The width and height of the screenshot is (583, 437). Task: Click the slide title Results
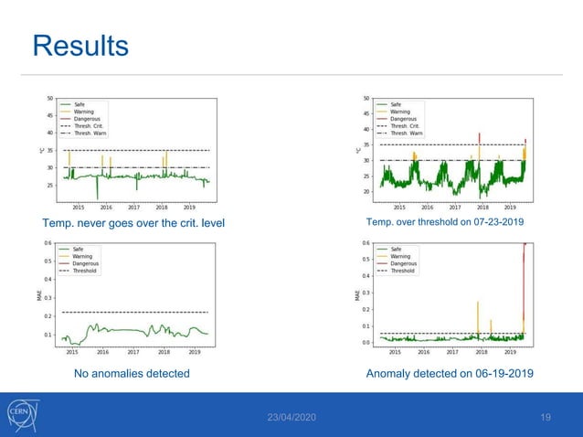(x=80, y=45)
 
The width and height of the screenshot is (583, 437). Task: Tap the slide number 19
(x=546, y=417)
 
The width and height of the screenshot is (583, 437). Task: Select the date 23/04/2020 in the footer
(x=291, y=417)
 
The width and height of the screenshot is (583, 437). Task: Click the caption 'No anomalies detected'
(x=131, y=373)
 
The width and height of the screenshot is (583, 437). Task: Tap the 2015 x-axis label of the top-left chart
(x=79, y=207)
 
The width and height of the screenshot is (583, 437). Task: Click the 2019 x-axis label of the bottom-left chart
(x=195, y=351)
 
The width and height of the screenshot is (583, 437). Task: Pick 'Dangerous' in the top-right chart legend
(x=406, y=119)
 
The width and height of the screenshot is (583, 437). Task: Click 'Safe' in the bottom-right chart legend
(x=396, y=249)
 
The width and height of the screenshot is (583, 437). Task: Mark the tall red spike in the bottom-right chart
(x=525, y=274)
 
